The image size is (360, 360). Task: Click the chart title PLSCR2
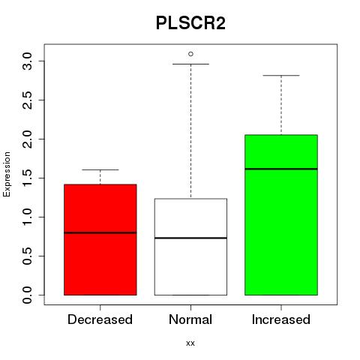(x=190, y=23)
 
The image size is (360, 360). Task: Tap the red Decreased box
(x=100, y=240)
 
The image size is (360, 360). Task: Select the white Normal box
(x=190, y=247)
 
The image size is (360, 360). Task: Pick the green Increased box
(x=281, y=215)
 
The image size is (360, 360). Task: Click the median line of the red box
(x=100, y=232)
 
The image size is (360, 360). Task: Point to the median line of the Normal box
(x=190, y=238)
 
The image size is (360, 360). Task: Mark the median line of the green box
(x=281, y=169)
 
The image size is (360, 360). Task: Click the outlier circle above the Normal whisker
(x=190, y=54)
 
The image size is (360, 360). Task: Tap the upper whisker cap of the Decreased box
(x=100, y=169)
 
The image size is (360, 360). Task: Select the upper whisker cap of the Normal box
(x=190, y=64)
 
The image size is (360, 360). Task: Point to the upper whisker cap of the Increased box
(x=281, y=75)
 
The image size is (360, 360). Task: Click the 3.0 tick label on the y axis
(x=27, y=61)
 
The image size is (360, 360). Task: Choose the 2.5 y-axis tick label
(x=27, y=100)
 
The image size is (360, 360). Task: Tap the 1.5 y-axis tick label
(x=27, y=178)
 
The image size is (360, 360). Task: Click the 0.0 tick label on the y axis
(x=27, y=295)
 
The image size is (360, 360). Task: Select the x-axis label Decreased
(x=100, y=319)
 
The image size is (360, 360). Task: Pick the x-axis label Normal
(x=190, y=319)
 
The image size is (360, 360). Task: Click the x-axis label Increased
(x=281, y=319)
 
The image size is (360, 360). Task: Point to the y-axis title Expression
(x=7, y=174)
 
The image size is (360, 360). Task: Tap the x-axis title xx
(x=190, y=343)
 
